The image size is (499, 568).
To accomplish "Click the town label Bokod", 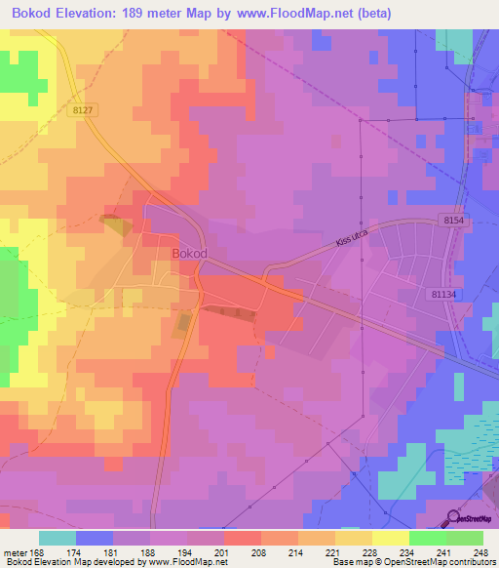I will (x=189, y=253).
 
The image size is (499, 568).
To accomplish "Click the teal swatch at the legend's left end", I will (x=57, y=538).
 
